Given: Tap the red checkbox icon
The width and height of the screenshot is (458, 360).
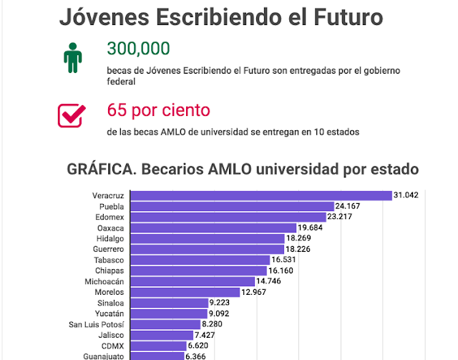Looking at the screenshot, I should coord(71,115).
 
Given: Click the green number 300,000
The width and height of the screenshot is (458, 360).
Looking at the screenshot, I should coord(138,49).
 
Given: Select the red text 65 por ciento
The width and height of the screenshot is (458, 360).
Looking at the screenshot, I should coord(158,111).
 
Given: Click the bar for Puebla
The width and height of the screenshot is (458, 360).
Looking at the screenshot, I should coord(232,206).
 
